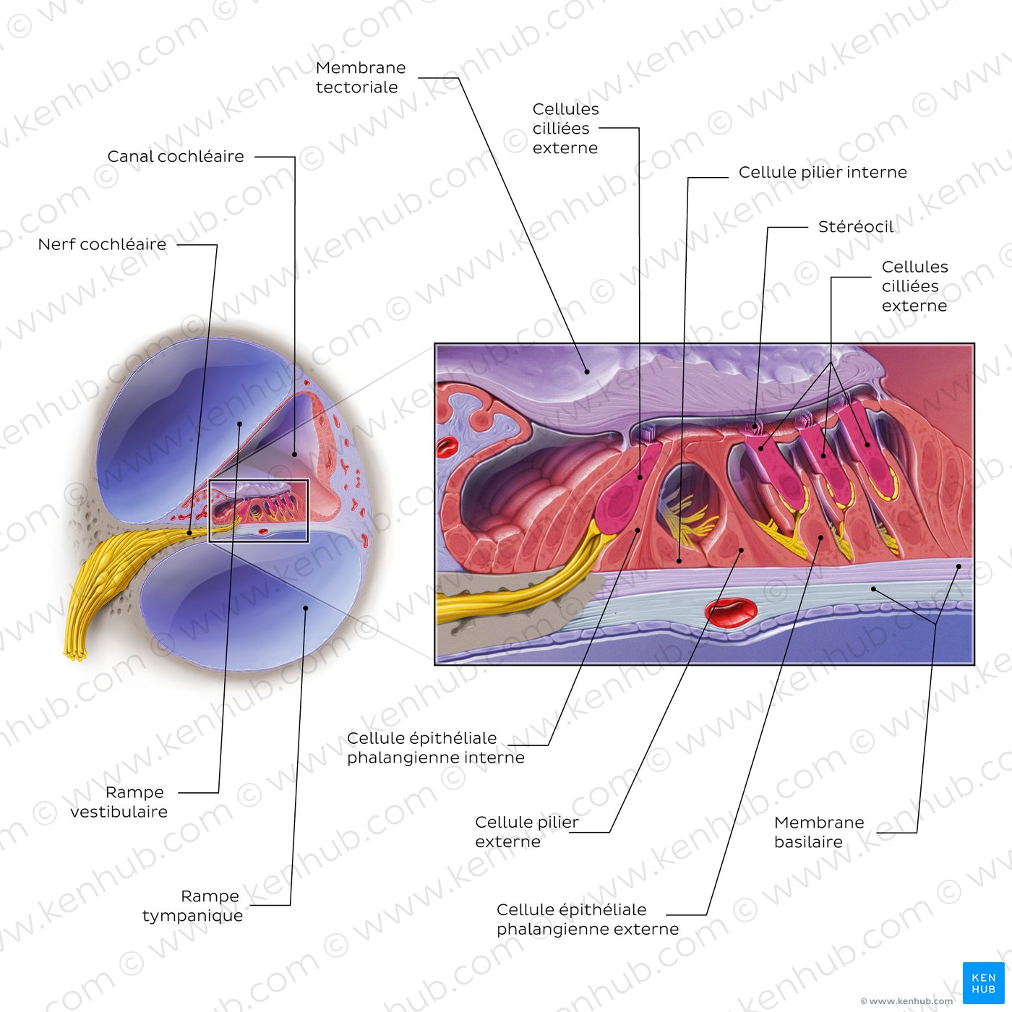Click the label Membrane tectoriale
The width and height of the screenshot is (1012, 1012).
360,77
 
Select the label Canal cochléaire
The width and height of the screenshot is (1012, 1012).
176,157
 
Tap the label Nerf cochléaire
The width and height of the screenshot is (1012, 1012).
102,244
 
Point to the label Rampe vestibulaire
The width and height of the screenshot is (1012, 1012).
119,802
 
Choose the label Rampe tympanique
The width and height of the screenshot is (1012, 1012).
192,906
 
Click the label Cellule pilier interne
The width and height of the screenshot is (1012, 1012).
823,172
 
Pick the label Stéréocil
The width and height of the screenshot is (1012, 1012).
855,227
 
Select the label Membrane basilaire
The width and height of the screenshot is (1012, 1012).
819,832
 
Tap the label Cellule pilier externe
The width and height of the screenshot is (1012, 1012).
527,831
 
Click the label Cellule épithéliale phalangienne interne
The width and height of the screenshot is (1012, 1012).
435,747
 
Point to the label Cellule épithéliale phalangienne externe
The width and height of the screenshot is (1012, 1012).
588,919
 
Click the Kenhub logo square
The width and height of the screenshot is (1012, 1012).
983,982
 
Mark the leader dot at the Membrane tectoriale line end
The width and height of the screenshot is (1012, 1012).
587,372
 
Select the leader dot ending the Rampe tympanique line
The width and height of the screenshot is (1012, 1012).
306,608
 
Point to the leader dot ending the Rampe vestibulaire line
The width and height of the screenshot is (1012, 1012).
239,424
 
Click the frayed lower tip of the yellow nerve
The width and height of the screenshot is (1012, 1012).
75,656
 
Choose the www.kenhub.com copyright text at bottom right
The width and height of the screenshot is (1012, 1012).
906,1000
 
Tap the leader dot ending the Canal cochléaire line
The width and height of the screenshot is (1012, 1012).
295,455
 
